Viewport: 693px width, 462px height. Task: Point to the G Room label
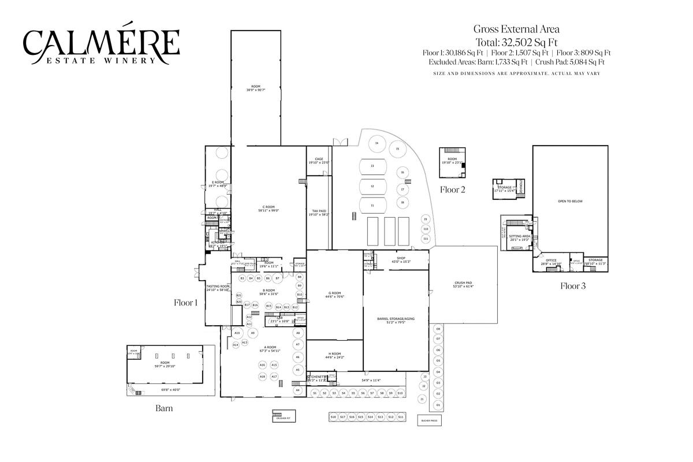point(334,295)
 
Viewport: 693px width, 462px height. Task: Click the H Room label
point(334,355)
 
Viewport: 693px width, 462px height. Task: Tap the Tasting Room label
point(218,288)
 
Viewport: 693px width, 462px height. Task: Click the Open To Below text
point(569,201)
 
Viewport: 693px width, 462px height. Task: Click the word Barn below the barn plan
point(164,408)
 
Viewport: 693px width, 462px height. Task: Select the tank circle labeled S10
point(400,393)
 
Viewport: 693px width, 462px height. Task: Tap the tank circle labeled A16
point(262,365)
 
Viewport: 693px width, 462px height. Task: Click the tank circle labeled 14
point(377,143)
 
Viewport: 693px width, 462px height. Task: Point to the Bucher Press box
point(429,420)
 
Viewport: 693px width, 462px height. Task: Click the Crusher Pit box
point(282,416)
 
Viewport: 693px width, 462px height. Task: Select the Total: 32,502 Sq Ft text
point(516,42)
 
